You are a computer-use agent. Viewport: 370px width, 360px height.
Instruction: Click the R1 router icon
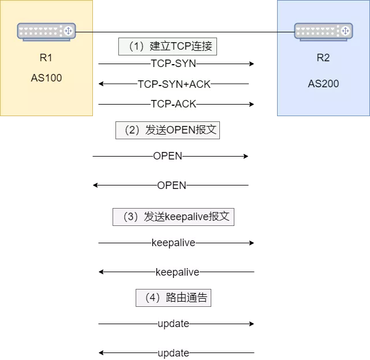click(x=46, y=31)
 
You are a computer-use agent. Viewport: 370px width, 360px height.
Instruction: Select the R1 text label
click(x=46, y=58)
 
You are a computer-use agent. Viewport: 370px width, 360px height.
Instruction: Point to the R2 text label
click(x=323, y=58)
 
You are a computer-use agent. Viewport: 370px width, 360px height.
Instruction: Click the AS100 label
click(x=46, y=78)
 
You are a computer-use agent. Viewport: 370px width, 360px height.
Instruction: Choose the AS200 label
click(x=323, y=84)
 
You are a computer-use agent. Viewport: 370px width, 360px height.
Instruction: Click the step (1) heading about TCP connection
click(x=167, y=47)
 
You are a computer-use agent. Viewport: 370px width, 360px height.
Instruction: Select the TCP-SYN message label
click(x=173, y=64)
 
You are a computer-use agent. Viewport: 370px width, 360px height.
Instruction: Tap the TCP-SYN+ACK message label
click(x=174, y=84)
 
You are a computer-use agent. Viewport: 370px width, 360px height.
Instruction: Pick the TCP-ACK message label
click(x=173, y=104)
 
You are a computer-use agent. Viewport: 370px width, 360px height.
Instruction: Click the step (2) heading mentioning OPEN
click(x=167, y=130)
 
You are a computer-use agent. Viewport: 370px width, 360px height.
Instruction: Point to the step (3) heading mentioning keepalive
click(x=173, y=217)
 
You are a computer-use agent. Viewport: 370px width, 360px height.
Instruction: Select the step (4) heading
click(x=173, y=298)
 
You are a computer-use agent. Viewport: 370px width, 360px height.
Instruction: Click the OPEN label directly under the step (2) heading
click(x=167, y=156)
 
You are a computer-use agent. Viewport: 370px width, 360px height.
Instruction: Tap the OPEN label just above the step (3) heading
click(x=171, y=185)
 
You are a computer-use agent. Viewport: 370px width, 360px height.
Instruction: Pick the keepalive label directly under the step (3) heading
click(x=173, y=243)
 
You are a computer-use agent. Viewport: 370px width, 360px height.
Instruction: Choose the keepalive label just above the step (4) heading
click(x=177, y=272)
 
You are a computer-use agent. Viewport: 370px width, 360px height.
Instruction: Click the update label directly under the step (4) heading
click(x=173, y=324)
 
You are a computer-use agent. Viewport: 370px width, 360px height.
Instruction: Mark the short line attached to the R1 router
click(x=84, y=31)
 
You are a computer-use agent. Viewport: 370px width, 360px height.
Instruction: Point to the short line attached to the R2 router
click(x=285, y=31)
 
